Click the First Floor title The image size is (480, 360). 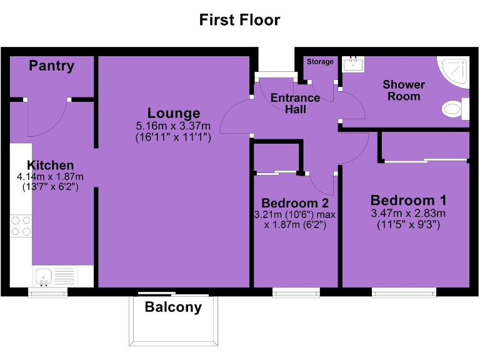(239, 19)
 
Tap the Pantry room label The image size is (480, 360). (51, 66)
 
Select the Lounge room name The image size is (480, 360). (174, 113)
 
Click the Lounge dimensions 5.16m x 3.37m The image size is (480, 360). (174, 126)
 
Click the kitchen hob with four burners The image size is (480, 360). (21, 226)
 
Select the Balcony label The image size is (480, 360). (173, 307)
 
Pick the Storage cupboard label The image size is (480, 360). (320, 62)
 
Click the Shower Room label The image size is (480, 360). (404, 90)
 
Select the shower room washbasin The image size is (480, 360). (356, 63)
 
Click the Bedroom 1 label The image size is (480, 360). (409, 201)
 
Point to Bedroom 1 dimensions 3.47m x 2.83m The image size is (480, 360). (409, 214)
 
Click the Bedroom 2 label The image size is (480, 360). (295, 203)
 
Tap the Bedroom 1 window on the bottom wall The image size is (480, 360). (404, 292)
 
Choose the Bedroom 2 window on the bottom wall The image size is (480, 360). (296, 292)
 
